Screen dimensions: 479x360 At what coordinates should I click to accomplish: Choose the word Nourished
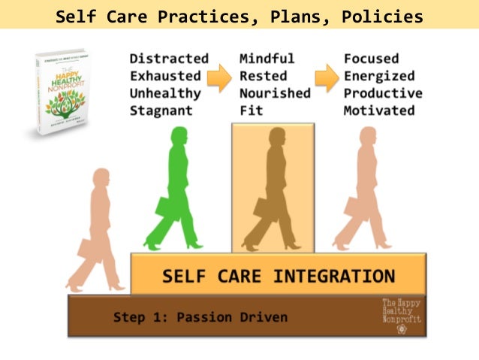pos(275,93)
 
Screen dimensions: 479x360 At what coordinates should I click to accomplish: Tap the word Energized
pos(380,75)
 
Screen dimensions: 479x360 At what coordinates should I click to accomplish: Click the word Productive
pos(383,93)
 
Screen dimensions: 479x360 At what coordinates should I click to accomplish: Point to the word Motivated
pos(380,110)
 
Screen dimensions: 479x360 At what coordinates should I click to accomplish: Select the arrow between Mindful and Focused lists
pos(326,77)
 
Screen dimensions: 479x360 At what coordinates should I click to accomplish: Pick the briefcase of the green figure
pos(164,206)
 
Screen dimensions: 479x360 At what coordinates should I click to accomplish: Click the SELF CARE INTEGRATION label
pos(279,274)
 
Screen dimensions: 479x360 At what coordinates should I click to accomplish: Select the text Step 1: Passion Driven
pos(200,317)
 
